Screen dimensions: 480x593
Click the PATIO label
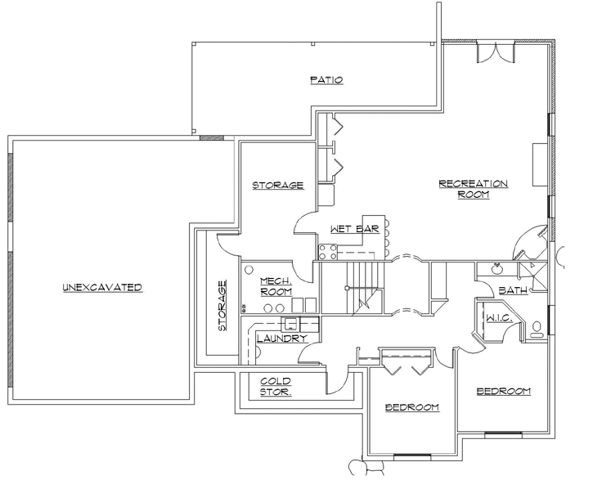pyautogui.click(x=326, y=80)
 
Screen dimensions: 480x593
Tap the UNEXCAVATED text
pyautogui.click(x=102, y=288)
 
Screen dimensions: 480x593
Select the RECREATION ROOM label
pyautogui.click(x=473, y=189)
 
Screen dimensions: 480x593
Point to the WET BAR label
pyautogui.click(x=353, y=230)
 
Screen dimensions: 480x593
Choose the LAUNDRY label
pyautogui.click(x=281, y=339)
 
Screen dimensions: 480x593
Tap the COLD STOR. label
pyautogui.click(x=275, y=387)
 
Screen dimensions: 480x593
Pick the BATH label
pyautogui.click(x=513, y=290)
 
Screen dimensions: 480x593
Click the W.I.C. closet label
pyautogui.click(x=497, y=317)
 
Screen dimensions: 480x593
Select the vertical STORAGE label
pyautogui.click(x=222, y=307)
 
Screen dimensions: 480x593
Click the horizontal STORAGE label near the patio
pyautogui.click(x=277, y=186)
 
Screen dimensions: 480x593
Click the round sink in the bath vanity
pyautogui.click(x=496, y=267)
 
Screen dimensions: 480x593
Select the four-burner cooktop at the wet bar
pyautogui.click(x=328, y=251)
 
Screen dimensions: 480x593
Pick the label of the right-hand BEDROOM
pyautogui.click(x=503, y=392)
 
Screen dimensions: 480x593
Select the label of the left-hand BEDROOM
pyautogui.click(x=411, y=407)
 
